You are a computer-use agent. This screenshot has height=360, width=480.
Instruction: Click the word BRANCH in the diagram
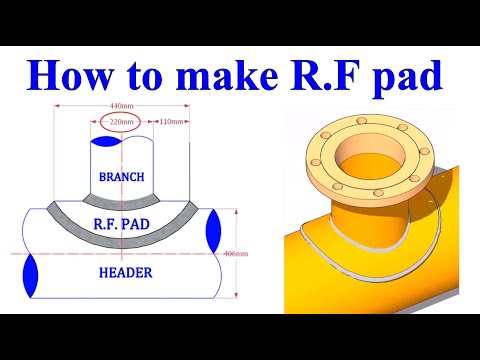122,177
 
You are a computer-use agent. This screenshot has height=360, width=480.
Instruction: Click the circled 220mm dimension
121,123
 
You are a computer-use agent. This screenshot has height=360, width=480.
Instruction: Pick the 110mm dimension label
171,122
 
